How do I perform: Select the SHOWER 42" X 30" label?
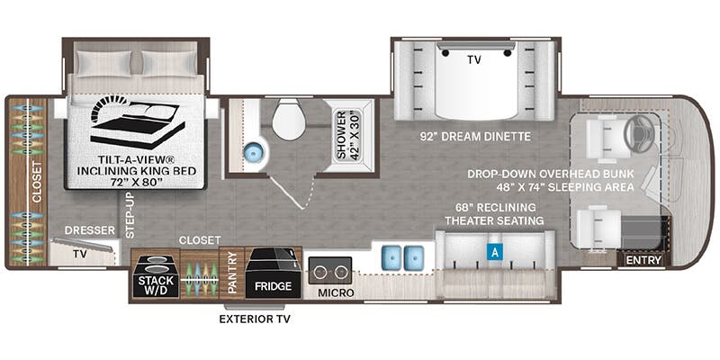coord(348,134)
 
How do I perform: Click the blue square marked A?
coord(494,252)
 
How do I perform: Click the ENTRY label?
coord(643,260)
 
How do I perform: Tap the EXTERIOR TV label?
coord(255,319)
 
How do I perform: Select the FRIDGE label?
coord(274,286)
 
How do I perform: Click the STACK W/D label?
coord(154,284)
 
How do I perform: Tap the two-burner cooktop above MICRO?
coord(330,271)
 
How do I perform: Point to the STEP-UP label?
coord(130,215)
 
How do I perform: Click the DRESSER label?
coord(89,230)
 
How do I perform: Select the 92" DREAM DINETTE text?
coord(475,137)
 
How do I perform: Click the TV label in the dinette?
coord(474,59)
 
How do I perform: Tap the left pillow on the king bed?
coord(103,62)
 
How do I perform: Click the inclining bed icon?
coord(138,121)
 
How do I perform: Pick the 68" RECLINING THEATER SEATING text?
coord(494,214)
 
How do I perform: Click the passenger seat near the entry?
coord(596,227)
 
